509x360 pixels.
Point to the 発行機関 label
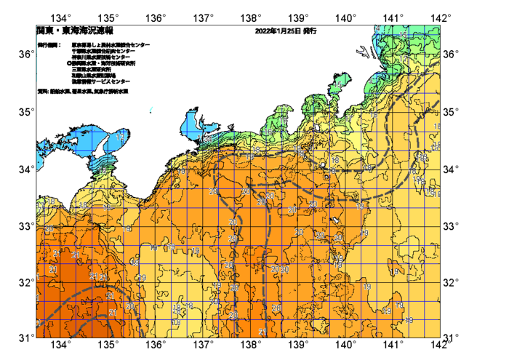click(49, 45)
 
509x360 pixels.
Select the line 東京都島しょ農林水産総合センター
click(111, 45)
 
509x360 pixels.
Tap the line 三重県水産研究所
click(95, 68)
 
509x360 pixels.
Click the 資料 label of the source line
click(42, 92)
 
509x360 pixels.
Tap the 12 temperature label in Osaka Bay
click(119, 136)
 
